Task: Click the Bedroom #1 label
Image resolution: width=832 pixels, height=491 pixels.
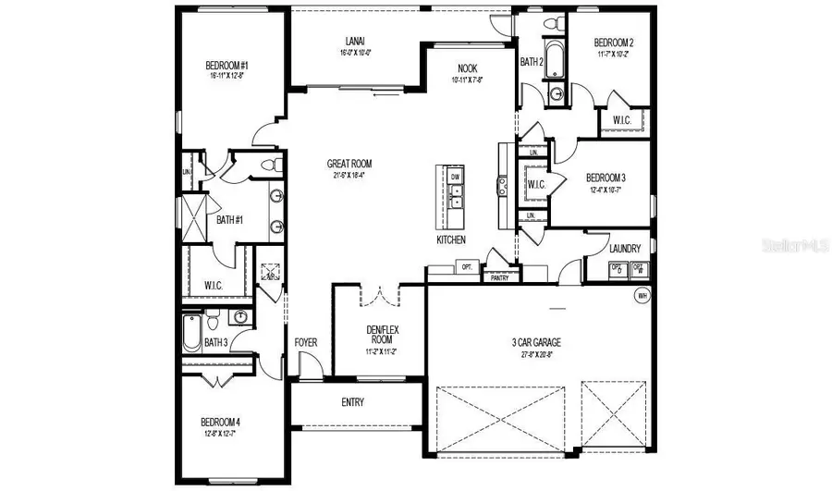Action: [x=227, y=66]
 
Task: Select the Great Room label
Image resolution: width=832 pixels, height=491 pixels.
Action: [x=349, y=164]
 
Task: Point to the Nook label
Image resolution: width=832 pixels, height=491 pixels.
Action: [x=468, y=68]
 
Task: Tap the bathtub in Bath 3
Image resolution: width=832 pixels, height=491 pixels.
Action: [x=192, y=332]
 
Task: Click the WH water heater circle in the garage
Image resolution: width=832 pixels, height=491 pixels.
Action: [x=642, y=296]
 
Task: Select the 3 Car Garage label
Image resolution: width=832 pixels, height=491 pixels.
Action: [x=536, y=342]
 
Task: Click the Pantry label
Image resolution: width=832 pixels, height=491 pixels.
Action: [x=500, y=276]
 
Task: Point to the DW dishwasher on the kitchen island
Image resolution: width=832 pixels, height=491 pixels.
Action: [x=456, y=176]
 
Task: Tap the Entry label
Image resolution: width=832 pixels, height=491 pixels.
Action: [x=352, y=402]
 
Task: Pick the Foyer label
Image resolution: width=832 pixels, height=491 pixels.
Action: [x=306, y=343]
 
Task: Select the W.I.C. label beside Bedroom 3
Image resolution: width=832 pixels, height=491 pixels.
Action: [x=537, y=183]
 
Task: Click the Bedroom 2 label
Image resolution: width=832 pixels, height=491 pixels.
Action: [x=612, y=43]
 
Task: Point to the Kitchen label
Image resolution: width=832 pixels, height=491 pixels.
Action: [x=451, y=239]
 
